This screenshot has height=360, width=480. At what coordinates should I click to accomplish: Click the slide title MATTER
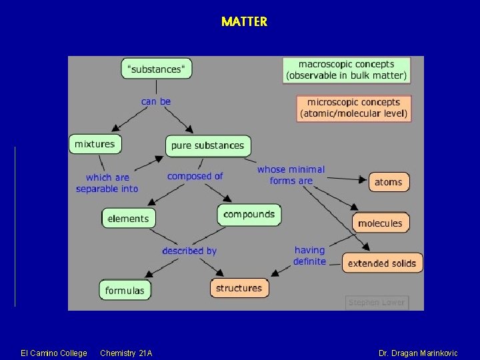(244, 21)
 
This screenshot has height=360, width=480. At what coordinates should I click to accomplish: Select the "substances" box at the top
(156, 69)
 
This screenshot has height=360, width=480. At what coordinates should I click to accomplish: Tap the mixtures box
(95, 144)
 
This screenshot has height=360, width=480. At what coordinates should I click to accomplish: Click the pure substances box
(207, 145)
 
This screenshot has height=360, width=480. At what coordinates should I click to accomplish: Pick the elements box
(128, 219)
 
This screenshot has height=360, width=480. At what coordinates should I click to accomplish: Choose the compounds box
(249, 215)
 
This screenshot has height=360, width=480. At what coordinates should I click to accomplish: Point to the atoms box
(389, 182)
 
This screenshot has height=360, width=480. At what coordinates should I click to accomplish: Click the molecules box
(380, 223)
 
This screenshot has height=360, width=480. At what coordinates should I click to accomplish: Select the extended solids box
(382, 263)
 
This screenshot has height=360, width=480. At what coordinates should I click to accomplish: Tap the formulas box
(125, 290)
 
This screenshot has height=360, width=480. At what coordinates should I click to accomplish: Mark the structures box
(239, 288)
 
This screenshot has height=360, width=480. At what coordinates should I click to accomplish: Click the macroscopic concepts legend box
(346, 70)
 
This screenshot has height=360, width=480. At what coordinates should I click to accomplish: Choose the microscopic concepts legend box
(353, 108)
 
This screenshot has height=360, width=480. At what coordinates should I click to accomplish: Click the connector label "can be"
(156, 101)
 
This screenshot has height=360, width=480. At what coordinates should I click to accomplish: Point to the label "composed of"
(195, 176)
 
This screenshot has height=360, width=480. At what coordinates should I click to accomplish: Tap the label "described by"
(189, 251)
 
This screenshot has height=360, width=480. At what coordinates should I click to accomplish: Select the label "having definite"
(310, 256)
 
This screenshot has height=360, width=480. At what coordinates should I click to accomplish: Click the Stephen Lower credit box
(376, 302)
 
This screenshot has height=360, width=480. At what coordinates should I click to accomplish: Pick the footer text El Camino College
(54, 353)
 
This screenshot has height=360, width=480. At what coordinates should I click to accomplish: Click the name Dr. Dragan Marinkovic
(418, 353)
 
